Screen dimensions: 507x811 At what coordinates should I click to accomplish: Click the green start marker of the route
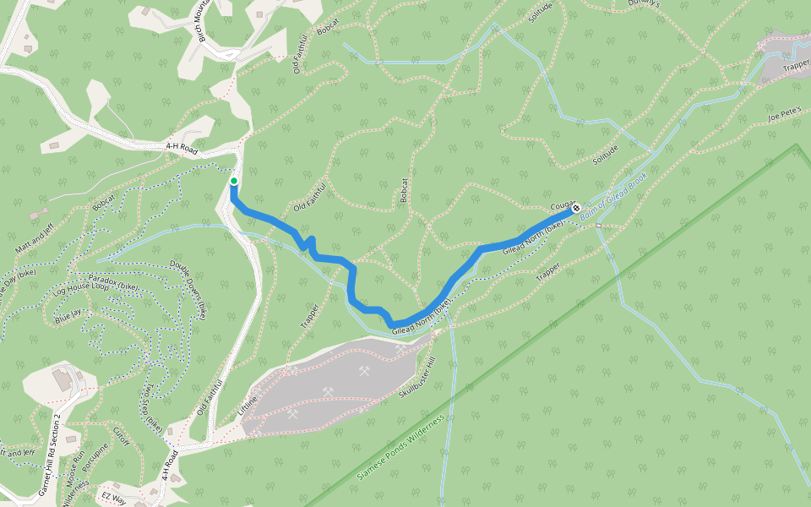[234, 181]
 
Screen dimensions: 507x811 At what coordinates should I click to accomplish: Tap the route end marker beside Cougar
[576, 208]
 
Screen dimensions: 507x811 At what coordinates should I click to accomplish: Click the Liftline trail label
[248, 404]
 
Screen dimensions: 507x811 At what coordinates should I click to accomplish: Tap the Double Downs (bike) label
[188, 288]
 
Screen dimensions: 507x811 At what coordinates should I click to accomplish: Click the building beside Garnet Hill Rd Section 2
[63, 380]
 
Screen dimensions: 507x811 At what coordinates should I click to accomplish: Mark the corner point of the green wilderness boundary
[796, 145]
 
